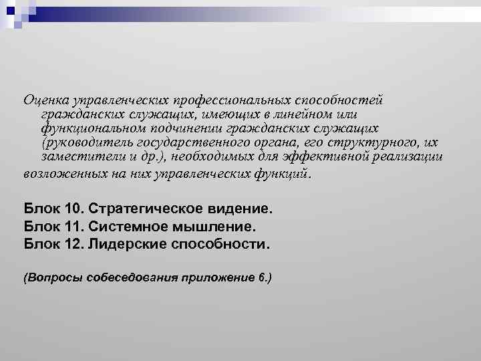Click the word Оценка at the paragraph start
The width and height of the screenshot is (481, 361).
44,100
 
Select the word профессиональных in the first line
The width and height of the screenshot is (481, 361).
240,100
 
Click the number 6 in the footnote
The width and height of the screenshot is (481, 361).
261,277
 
